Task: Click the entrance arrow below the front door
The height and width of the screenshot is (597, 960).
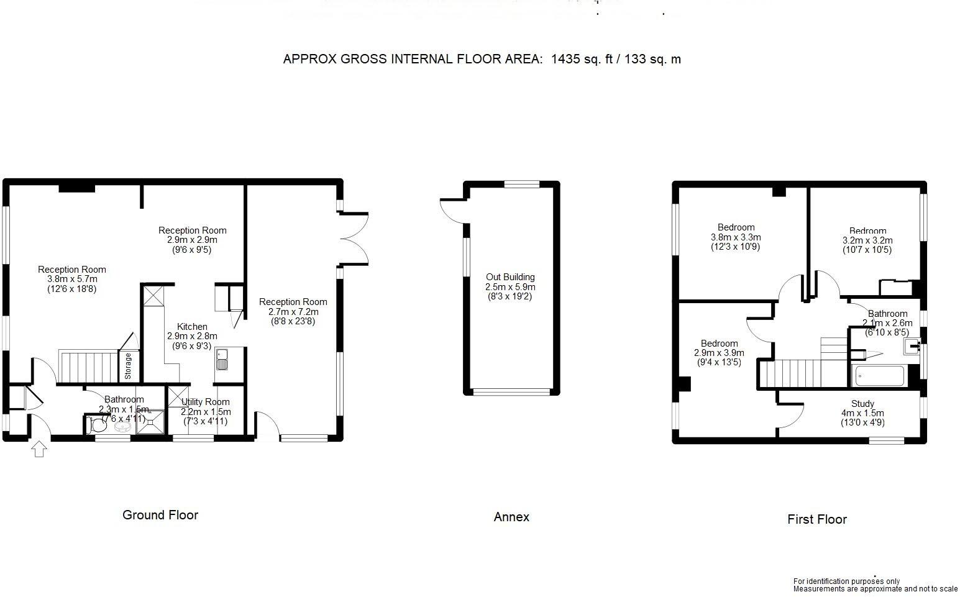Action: (39, 449)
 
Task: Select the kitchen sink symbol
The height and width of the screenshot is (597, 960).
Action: (222, 359)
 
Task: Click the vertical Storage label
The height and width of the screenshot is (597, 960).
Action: (128, 367)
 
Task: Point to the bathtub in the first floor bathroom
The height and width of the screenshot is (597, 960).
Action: (880, 376)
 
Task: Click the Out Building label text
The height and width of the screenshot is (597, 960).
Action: (510, 277)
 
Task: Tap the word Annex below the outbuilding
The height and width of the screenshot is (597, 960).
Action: (511, 517)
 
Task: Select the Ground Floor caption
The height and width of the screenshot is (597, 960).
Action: (160, 515)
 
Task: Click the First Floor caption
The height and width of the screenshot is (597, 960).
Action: (817, 519)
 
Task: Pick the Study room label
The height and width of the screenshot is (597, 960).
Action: (862, 404)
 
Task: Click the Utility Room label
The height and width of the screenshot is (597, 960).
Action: (205, 402)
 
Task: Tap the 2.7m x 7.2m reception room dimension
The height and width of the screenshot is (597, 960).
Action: (293, 312)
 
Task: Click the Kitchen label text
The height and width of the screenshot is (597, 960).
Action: (192, 327)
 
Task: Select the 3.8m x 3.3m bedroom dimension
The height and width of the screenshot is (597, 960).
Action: (736, 237)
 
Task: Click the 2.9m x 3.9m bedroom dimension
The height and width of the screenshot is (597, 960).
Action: (719, 353)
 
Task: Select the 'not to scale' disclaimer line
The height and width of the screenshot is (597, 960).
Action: (875, 589)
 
